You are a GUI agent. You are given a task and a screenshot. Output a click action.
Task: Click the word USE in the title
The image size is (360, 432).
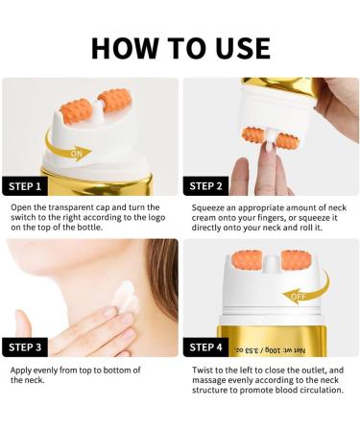point(235,47)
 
